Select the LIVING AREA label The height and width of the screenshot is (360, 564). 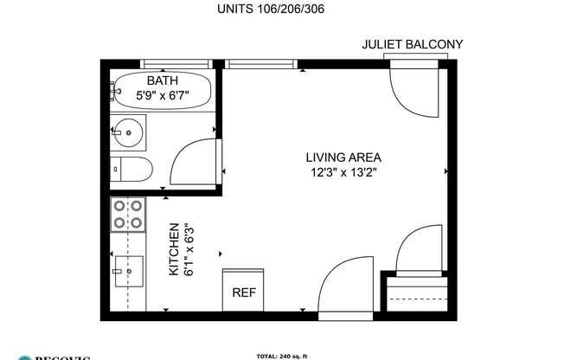click(x=343, y=157)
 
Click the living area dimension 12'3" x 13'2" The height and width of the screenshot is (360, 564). click(x=343, y=171)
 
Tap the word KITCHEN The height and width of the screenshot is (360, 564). click(x=173, y=248)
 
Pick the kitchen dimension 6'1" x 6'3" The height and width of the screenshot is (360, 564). click(x=188, y=248)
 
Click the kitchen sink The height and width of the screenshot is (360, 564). click(x=127, y=273)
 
